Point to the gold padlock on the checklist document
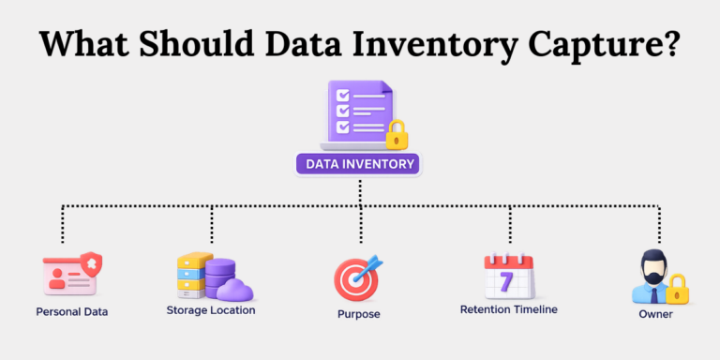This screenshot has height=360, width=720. [x=397, y=134]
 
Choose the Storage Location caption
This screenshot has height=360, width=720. [x=211, y=309]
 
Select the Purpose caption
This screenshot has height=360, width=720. [x=359, y=314]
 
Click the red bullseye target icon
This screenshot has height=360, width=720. [x=356, y=279]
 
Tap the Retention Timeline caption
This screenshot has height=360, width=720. [x=509, y=309]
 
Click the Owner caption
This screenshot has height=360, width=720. [x=657, y=314]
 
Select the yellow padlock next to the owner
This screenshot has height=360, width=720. [x=676, y=291]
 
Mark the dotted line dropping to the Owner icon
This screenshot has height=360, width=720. [x=659, y=226]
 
